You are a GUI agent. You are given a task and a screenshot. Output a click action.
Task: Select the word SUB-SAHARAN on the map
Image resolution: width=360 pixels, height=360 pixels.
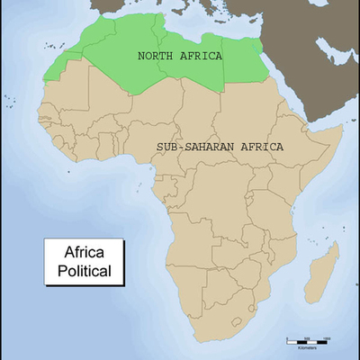pos(187,146)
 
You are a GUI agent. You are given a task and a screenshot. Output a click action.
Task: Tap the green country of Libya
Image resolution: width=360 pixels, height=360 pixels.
pos(193,72)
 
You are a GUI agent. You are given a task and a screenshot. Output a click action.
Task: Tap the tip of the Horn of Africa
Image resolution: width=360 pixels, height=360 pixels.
pos(343,129)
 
